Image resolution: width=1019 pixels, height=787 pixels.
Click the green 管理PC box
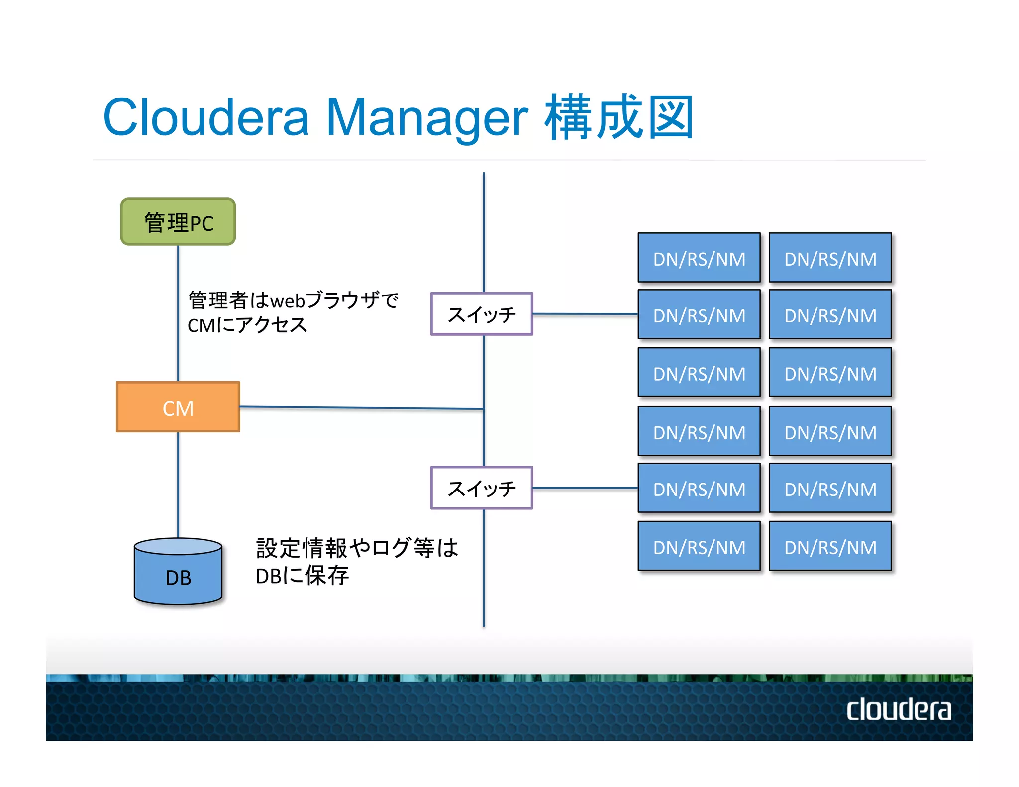(x=178, y=222)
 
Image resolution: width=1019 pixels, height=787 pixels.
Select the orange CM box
(x=178, y=407)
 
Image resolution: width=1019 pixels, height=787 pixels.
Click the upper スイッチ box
(x=482, y=314)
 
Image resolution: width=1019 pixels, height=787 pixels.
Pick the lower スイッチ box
(x=482, y=488)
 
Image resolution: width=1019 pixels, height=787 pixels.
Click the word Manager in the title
(x=426, y=118)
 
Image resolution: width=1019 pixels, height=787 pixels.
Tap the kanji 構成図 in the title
(x=619, y=118)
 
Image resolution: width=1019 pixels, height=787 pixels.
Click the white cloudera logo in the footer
(x=899, y=709)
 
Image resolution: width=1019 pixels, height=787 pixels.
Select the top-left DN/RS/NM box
(x=699, y=258)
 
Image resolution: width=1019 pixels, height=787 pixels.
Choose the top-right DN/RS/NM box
(x=830, y=258)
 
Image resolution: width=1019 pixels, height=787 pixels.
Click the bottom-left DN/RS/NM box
(x=699, y=546)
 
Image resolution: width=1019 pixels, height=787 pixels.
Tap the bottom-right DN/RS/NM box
(x=830, y=546)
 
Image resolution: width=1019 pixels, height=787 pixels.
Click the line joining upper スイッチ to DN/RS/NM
(x=585, y=314)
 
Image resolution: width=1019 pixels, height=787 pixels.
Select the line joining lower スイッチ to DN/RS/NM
(x=585, y=488)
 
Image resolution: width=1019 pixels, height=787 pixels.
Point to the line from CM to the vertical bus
(x=361, y=408)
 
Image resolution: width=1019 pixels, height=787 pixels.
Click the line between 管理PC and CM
(x=178, y=313)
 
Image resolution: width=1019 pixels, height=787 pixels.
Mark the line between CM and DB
(x=178, y=485)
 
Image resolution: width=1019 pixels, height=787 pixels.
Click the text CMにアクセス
(x=247, y=325)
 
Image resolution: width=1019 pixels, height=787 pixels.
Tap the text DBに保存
(x=302, y=576)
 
